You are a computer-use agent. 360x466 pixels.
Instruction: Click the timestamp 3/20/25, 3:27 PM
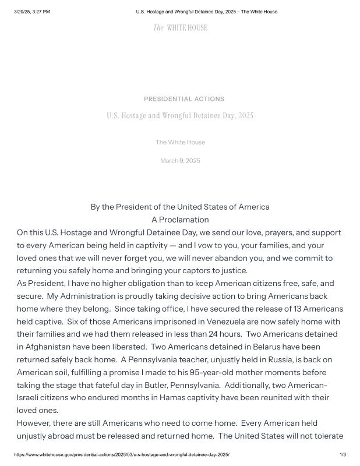click(31, 12)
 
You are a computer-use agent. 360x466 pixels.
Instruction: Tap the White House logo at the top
click(180, 28)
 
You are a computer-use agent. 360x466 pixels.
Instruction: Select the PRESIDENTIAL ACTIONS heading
click(183, 99)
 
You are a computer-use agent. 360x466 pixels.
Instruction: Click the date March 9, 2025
click(180, 161)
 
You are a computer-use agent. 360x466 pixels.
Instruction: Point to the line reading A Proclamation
click(180, 220)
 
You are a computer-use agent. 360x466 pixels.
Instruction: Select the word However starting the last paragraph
click(35, 423)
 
